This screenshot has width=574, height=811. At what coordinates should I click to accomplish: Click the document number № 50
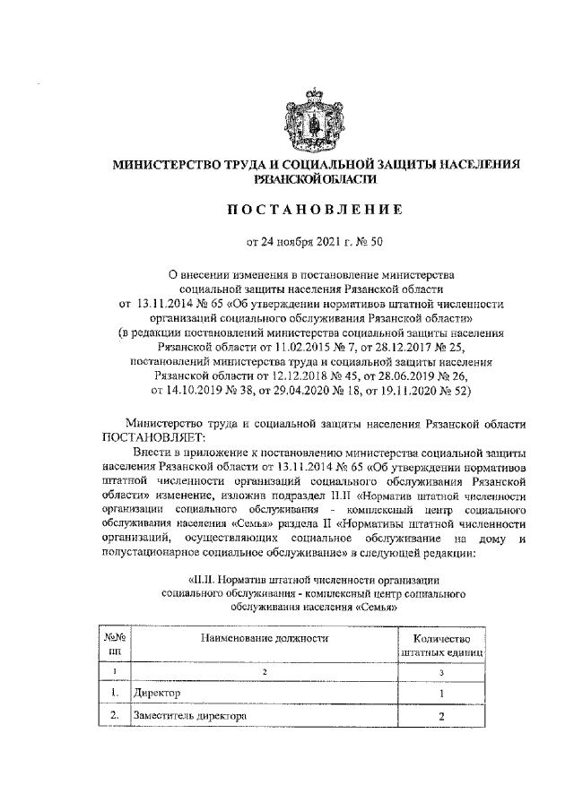[x=370, y=241]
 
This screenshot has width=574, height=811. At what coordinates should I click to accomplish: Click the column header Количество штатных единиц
[x=440, y=645]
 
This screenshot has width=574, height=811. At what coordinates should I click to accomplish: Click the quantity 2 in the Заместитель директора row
[x=440, y=717]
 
